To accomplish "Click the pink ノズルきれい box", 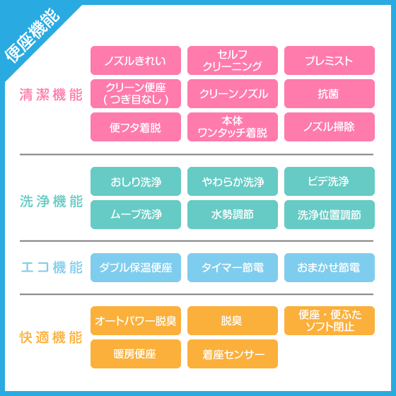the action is (136, 60).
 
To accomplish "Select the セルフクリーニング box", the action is (233, 60).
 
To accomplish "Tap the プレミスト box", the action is (330, 60).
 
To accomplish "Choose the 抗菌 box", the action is (330, 93).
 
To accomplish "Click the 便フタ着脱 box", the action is (136, 127).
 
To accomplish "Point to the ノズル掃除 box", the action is (330, 127).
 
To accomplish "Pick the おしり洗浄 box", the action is (136, 181).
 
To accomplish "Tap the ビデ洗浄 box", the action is (330, 181).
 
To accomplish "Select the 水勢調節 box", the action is (233, 215).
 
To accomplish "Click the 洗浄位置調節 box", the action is (330, 215).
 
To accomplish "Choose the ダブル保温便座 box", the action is (136, 268).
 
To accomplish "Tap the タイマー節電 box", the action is (233, 268).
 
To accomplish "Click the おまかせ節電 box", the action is (330, 268).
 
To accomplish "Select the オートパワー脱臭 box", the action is (136, 321).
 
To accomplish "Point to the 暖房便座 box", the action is (136, 354).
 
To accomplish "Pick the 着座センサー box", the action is (233, 354).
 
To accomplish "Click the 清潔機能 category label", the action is (51, 95).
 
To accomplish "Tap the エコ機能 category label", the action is (52, 267).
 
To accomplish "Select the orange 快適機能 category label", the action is (51, 337).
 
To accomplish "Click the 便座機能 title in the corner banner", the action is (33, 35).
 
